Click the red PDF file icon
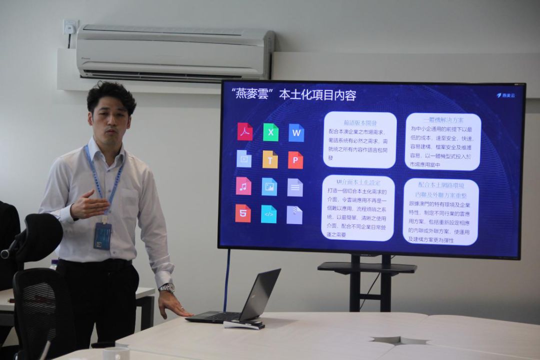tap(244, 131)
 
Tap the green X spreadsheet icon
tap(270, 132)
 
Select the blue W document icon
tap(296, 132)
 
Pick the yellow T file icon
tap(270, 159)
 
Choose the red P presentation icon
tap(295, 160)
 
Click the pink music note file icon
tap(243, 186)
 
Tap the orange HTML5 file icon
tap(243, 213)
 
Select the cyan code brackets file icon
tap(268, 214)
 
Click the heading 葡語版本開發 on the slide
tap(360, 122)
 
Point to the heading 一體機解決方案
tap(443, 120)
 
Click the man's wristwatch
tap(167, 288)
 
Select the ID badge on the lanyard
tap(102, 235)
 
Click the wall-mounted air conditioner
tap(175, 52)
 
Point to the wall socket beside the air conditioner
tap(70, 27)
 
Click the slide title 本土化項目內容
tap(317, 95)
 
